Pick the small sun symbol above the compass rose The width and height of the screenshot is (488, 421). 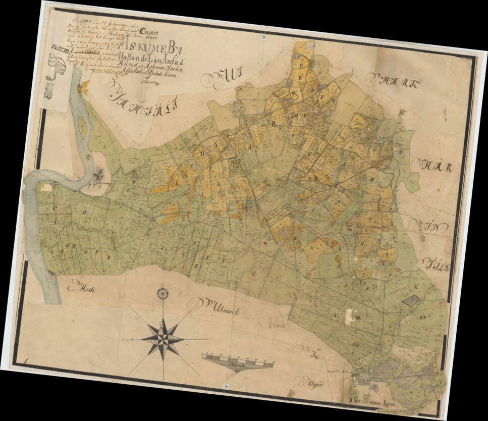click(x=162, y=292)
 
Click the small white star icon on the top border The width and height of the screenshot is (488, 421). click(x=263, y=37)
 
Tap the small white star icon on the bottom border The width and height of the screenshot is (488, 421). click(x=226, y=386)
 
